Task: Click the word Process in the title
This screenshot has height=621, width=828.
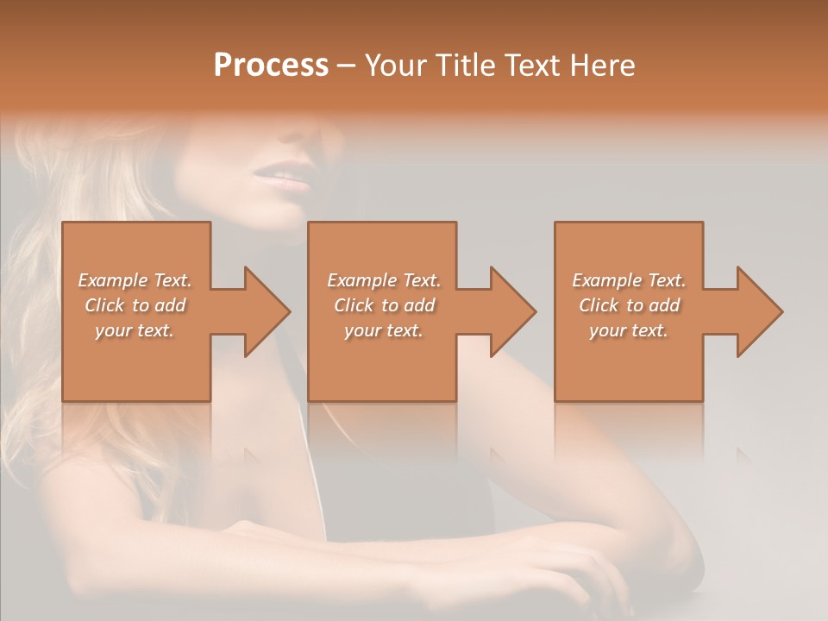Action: pyautogui.click(x=271, y=66)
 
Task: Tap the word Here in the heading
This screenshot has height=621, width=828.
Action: pyautogui.click(x=603, y=66)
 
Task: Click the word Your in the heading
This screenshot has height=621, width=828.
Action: pyautogui.click(x=394, y=66)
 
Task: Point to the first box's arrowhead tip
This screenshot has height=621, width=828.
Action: pyautogui.click(x=289, y=311)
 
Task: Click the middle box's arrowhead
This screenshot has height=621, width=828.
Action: pyautogui.click(x=512, y=311)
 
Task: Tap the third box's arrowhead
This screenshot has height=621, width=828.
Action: pyautogui.click(x=759, y=311)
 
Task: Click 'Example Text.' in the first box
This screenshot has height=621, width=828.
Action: pyautogui.click(x=135, y=280)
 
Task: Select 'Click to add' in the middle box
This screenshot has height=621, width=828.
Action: pyautogui.click(x=384, y=305)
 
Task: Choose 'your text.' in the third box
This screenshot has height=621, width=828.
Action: pyautogui.click(x=629, y=330)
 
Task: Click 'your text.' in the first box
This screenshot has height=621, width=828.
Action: pyautogui.click(x=135, y=330)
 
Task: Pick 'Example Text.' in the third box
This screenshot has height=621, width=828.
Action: pyautogui.click(x=629, y=280)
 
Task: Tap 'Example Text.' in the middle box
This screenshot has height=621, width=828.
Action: pyautogui.click(x=384, y=280)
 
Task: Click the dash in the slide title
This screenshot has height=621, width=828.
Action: pyautogui.click(x=346, y=66)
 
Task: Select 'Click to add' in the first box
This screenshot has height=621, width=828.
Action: pyautogui.click(x=135, y=305)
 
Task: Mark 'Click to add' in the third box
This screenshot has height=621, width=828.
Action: pyautogui.click(x=629, y=305)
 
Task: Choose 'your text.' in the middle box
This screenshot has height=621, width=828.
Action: pyautogui.click(x=384, y=330)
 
